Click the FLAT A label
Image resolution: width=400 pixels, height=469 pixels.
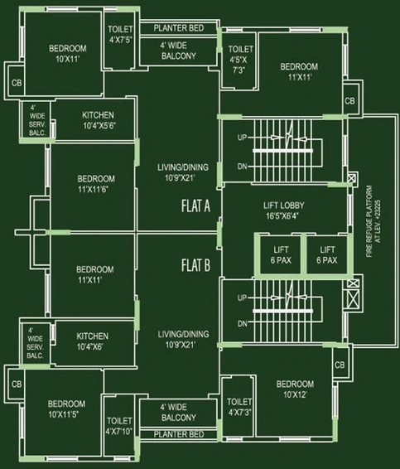(x=195, y=205)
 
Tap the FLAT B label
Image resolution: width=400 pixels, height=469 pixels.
(x=195, y=265)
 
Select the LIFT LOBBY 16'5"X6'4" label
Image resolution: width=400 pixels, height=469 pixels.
(x=283, y=210)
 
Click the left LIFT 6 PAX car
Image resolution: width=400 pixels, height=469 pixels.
(x=281, y=255)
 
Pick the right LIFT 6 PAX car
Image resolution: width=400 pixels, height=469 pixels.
(x=327, y=255)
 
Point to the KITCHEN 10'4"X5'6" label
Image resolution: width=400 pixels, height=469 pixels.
(x=99, y=120)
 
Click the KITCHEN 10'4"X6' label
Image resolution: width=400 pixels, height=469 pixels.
(x=92, y=341)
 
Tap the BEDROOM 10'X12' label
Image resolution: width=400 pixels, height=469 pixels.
(x=295, y=389)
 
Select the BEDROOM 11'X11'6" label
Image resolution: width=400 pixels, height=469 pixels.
(x=96, y=184)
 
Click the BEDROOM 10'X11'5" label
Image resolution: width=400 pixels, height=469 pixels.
(x=66, y=409)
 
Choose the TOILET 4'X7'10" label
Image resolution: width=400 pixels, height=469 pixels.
(x=119, y=426)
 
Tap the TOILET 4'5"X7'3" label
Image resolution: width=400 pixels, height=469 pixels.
(x=240, y=60)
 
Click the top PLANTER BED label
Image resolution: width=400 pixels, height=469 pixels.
(x=179, y=28)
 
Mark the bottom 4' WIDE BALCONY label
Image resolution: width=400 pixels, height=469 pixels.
(x=179, y=412)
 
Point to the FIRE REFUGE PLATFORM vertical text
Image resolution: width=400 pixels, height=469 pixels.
(x=373, y=221)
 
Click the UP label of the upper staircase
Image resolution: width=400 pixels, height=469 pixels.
(x=242, y=138)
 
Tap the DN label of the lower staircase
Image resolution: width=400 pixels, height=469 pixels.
(x=243, y=323)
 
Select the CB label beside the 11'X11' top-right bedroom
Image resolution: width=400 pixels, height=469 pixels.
(x=349, y=101)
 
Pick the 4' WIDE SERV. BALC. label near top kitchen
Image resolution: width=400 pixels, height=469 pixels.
(x=37, y=120)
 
